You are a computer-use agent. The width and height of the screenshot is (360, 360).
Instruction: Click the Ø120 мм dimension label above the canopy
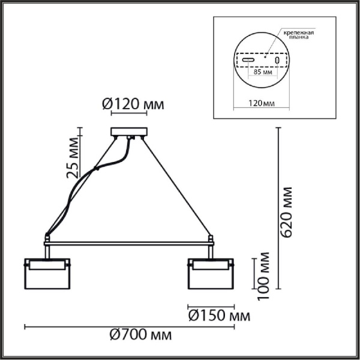(133, 105)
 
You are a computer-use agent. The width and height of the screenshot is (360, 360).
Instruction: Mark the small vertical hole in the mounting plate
(277, 61)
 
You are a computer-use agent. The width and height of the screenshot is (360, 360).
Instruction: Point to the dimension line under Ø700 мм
(129, 326)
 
